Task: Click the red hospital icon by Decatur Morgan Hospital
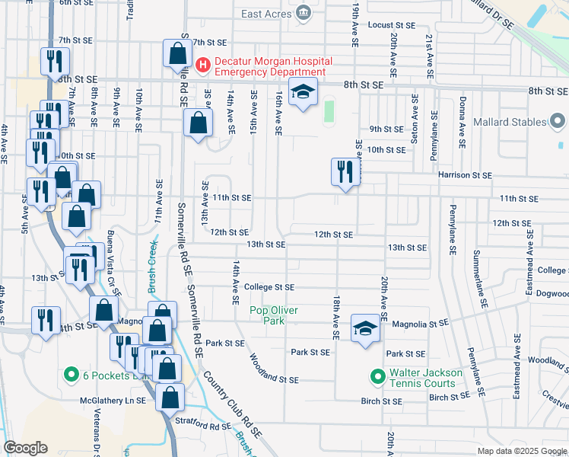(x=202, y=66)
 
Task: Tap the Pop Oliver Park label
(x=274, y=315)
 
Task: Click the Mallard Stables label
(x=509, y=122)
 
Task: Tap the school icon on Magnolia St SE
(x=365, y=329)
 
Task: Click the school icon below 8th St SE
(x=303, y=92)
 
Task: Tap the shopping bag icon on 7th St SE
(x=177, y=53)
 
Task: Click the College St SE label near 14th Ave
(x=269, y=287)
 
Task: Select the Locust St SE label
(x=392, y=25)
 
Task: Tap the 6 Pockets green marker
(x=71, y=375)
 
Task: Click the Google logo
(x=25, y=448)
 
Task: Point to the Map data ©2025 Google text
(x=521, y=451)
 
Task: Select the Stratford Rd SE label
(x=205, y=427)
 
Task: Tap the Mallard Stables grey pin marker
(x=558, y=121)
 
